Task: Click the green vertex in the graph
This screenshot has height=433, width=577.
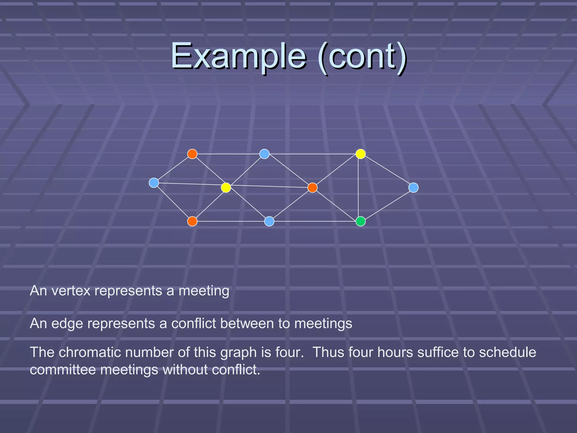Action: pos(361,221)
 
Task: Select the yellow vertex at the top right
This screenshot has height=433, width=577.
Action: pos(361,154)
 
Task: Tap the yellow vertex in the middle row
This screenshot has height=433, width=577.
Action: pos(226,187)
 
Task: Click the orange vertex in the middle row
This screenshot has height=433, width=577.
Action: pos(312,187)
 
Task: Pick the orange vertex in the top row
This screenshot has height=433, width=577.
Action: pos(192,154)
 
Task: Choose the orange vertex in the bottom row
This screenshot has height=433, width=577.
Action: pos(192,221)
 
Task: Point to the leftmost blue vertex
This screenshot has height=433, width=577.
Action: pos(154,183)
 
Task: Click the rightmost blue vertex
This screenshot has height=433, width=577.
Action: pos(413,187)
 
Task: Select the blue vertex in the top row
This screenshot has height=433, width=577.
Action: pos(264,154)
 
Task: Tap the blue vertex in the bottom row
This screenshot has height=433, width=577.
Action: pos(269,221)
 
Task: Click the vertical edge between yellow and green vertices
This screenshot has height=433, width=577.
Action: pos(358,189)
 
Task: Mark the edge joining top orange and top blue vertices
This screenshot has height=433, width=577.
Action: pos(228,154)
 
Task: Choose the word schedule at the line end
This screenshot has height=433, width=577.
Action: pos(507,352)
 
